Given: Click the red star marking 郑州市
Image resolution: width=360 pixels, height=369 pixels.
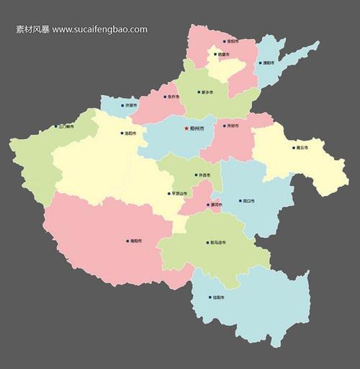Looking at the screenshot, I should (x=186, y=128).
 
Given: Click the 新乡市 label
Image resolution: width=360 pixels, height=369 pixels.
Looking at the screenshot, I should (x=207, y=92).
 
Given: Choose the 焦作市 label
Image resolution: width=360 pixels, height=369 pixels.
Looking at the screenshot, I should (x=173, y=97).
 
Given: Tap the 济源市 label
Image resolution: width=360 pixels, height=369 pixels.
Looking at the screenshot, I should (x=130, y=105).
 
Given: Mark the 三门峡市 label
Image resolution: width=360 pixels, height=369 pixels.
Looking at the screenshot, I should (x=66, y=126).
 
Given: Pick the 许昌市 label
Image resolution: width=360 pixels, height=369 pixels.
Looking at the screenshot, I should (x=204, y=175).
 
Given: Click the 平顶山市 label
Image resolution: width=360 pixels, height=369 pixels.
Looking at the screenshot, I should (x=179, y=193).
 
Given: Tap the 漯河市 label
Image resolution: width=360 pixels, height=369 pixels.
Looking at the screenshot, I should (x=215, y=205).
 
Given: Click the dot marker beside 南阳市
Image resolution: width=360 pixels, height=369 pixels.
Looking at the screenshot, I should (x=127, y=241).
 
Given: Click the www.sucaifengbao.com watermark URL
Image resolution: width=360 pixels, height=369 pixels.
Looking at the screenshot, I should (x=99, y=30).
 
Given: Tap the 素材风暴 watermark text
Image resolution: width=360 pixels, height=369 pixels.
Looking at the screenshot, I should (x=32, y=30).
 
